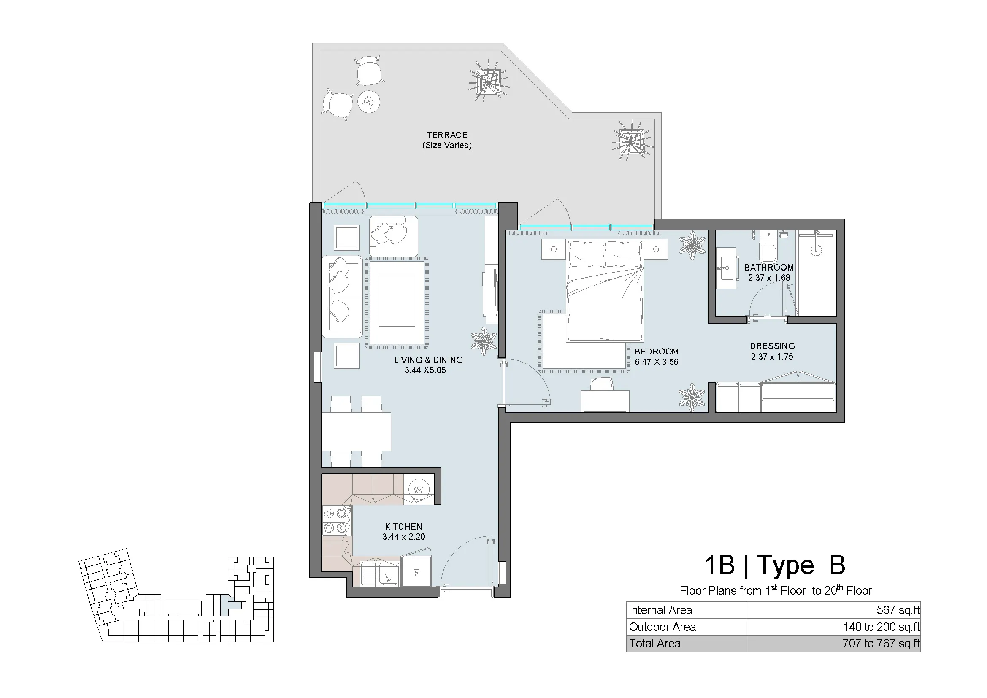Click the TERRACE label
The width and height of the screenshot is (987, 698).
446,135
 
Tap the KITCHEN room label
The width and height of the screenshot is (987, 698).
403,527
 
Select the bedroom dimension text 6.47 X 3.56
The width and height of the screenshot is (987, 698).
657,362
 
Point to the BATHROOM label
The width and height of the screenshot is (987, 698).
769,267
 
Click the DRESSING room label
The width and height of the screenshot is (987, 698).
773,346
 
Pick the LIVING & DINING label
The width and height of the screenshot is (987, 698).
429,360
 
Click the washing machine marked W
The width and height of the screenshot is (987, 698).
419,489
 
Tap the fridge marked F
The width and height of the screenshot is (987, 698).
416,572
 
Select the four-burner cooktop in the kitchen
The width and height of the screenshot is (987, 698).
336,520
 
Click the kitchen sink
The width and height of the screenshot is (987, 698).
380,574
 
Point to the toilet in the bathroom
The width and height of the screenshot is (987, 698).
768,248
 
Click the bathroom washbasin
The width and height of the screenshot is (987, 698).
727,268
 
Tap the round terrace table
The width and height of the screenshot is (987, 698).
369,102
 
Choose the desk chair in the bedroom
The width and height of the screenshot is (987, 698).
602,384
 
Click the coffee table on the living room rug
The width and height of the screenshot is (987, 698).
397,301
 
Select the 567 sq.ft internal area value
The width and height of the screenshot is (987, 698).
898,610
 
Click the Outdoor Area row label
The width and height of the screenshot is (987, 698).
662,627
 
